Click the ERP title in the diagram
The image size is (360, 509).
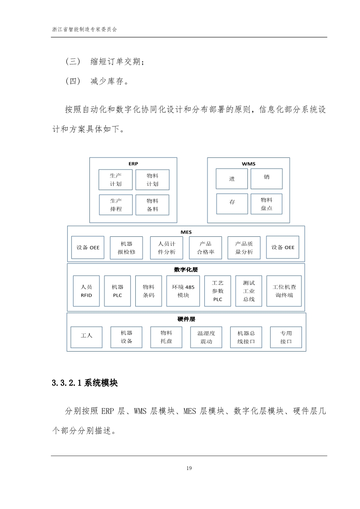click(x=133, y=164)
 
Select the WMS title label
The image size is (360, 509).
click(x=249, y=164)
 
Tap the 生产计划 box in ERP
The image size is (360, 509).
click(x=115, y=180)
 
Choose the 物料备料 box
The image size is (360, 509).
click(x=152, y=205)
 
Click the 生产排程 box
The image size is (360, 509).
click(x=116, y=205)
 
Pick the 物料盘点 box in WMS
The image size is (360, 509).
click(x=266, y=204)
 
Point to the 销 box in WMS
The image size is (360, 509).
click(x=266, y=179)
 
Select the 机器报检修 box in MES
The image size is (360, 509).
click(x=126, y=248)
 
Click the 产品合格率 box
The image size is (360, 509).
click(x=205, y=248)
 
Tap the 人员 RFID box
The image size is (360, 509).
click(x=86, y=291)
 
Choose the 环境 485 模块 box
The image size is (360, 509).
click(x=183, y=291)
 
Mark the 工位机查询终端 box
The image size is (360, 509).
click(x=284, y=291)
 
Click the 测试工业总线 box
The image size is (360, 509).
click(x=249, y=291)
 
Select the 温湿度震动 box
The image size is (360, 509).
click(x=206, y=337)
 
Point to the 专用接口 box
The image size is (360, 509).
click(x=286, y=337)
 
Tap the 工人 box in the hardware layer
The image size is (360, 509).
click(x=86, y=337)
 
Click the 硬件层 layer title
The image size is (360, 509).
click(x=186, y=319)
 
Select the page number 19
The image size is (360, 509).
click(x=189, y=468)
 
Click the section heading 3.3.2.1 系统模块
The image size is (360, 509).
click(x=85, y=383)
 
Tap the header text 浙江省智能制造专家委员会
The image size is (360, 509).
click(x=84, y=29)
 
